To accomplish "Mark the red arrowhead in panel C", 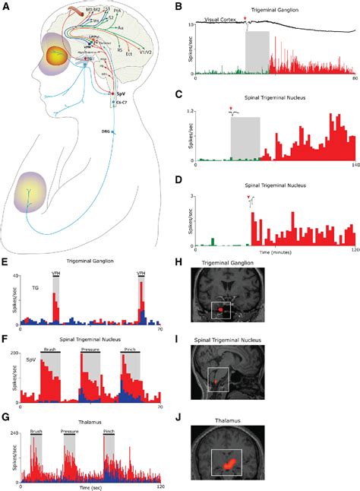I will [x=229, y=109].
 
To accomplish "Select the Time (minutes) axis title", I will [x=270, y=249].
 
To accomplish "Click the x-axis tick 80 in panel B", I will [x=354, y=79].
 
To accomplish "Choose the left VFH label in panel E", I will [x=55, y=273].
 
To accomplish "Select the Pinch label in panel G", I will [x=109, y=430].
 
